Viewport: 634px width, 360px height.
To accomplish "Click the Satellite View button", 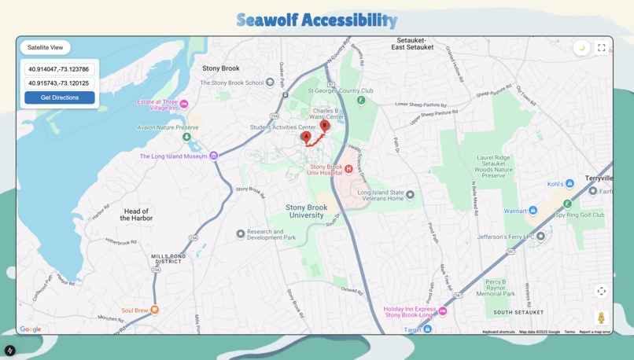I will [x=45, y=47].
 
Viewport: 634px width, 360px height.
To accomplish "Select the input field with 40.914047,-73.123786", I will [x=59, y=69].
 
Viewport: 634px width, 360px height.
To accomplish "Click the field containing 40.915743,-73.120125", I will [x=59, y=83].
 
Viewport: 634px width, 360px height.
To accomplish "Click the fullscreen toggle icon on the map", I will [x=602, y=48].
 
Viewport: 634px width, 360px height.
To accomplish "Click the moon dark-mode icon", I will [x=581, y=48].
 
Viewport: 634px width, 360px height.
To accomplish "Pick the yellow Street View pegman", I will [x=601, y=318].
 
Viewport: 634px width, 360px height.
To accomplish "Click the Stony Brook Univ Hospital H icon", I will [x=348, y=168].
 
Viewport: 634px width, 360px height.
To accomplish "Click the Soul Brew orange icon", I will [x=155, y=310].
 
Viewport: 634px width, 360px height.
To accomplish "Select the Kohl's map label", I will [x=556, y=184].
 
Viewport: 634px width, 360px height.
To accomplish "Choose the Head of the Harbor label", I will [x=136, y=214].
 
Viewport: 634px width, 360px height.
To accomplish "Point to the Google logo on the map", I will [x=31, y=329].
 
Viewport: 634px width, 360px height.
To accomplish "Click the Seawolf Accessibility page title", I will [x=317, y=20].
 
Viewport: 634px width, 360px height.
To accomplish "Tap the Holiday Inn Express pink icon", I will [x=443, y=311].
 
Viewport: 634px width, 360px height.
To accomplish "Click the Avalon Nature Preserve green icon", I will [x=186, y=137].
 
